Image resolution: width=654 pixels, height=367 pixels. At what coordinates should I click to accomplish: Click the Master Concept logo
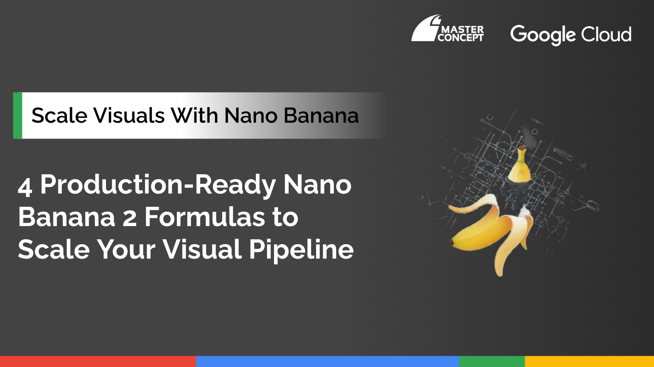448,28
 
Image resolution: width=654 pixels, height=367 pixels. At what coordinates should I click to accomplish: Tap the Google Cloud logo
571,35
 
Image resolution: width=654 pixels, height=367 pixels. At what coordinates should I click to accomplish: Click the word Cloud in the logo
606,34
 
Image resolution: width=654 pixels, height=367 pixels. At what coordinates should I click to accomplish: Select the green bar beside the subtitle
17,115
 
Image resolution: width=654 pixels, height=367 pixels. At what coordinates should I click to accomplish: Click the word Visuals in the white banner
129,115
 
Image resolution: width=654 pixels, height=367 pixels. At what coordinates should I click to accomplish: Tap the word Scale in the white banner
59,115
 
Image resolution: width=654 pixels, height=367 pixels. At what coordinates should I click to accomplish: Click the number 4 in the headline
25,187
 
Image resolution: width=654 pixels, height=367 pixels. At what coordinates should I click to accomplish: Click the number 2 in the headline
129,218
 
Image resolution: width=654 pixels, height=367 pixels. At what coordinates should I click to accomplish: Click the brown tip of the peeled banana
452,242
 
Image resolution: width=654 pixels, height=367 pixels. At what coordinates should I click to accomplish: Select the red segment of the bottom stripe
98,362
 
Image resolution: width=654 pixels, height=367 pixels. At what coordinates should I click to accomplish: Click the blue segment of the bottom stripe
328,362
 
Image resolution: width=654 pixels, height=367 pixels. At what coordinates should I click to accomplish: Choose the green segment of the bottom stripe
492,362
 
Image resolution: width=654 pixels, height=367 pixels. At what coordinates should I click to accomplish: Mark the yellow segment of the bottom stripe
589,362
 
